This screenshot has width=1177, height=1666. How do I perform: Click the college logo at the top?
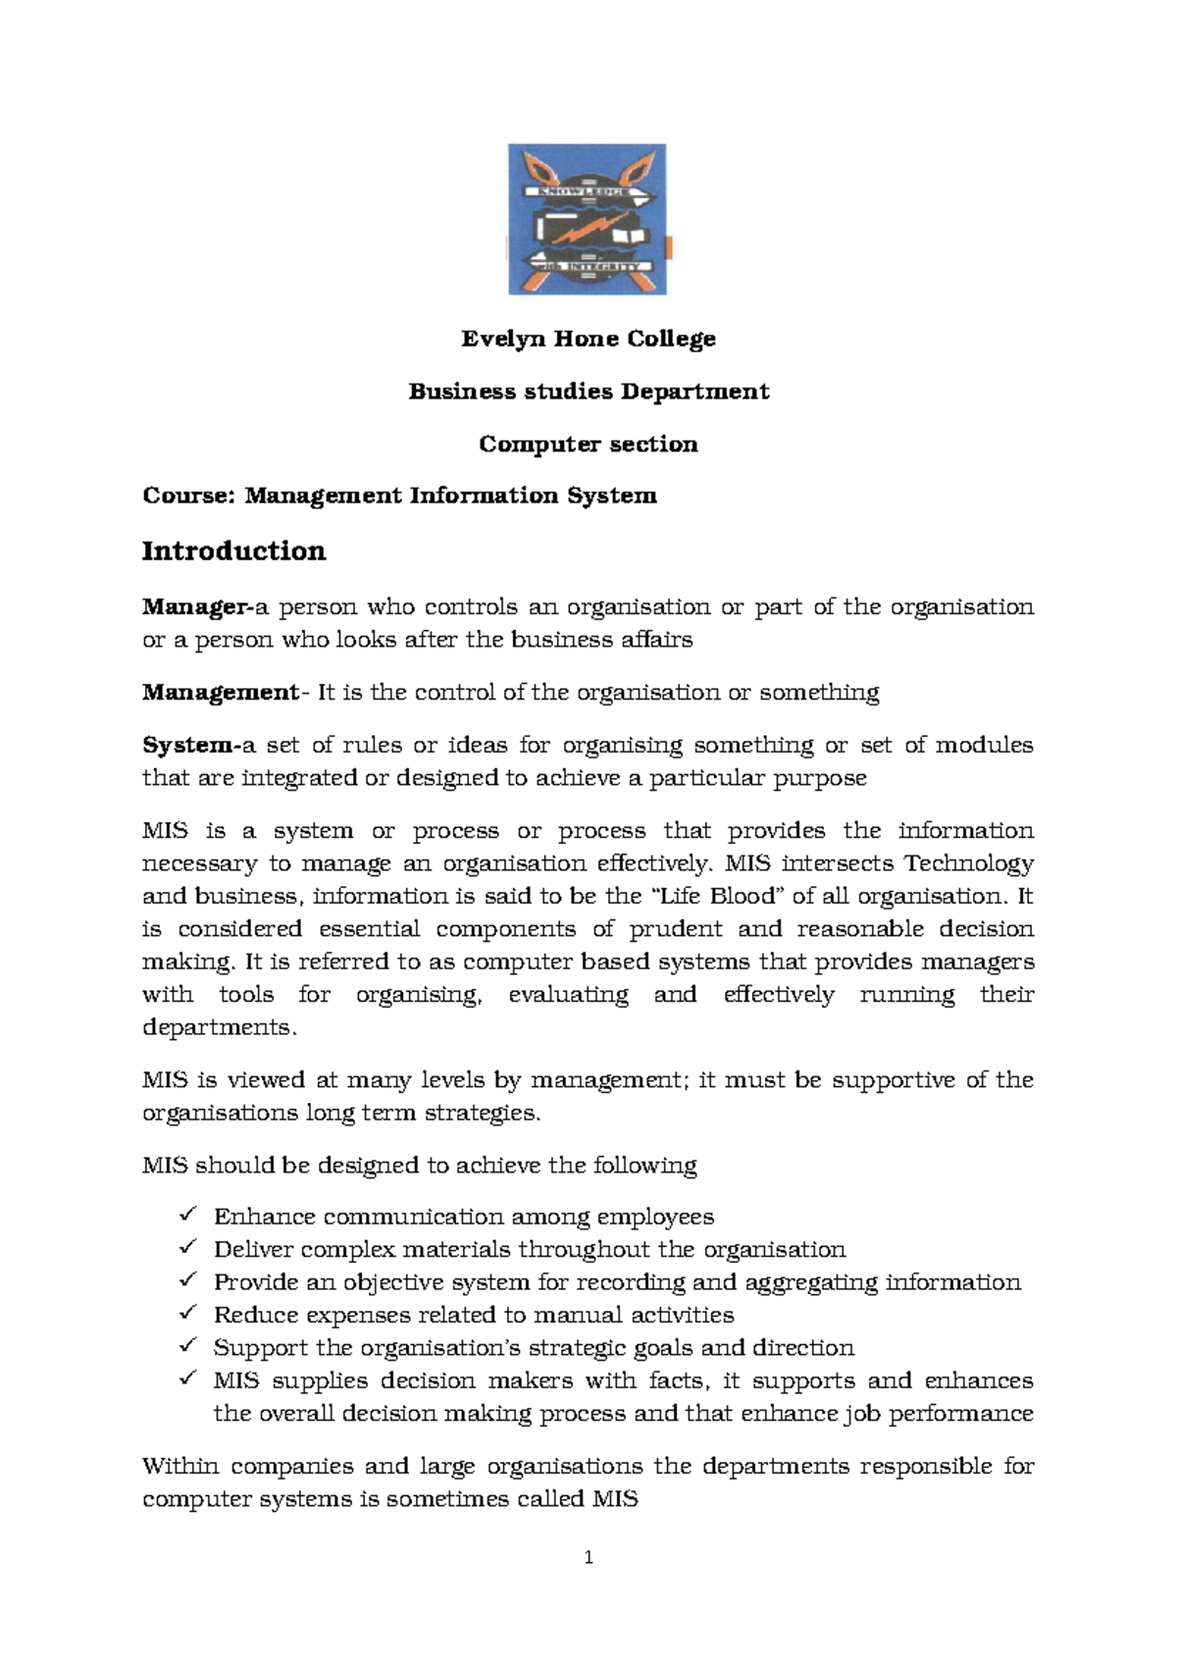pos(588,219)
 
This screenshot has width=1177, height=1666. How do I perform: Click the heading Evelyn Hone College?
pos(588,339)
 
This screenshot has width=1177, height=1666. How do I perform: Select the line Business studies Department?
pos(588,391)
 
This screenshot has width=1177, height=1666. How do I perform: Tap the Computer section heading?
pos(588,444)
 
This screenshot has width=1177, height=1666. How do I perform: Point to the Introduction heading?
pos(233,551)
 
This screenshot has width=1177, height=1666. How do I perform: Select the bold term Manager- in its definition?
pos(197,607)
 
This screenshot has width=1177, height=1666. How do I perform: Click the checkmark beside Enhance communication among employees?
pos(189,1217)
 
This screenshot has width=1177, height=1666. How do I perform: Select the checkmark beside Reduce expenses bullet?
pos(189,1315)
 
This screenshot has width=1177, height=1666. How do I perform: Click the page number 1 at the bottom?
pos(588,1558)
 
